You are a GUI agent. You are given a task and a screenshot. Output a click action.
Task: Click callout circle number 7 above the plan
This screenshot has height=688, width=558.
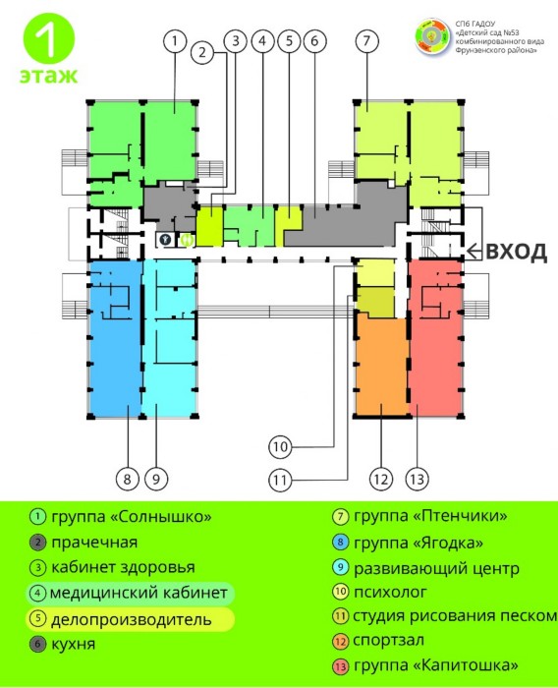(366, 41)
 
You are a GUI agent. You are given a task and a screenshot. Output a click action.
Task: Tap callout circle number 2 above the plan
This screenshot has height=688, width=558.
(202, 52)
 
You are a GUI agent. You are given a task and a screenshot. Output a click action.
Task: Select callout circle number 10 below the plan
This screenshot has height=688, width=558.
(280, 447)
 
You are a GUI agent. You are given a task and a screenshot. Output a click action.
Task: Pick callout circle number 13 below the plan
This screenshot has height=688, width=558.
(417, 479)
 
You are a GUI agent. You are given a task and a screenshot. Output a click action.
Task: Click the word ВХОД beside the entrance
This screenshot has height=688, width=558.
(517, 252)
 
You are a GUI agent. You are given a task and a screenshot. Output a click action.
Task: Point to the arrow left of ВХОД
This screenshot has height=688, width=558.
(474, 252)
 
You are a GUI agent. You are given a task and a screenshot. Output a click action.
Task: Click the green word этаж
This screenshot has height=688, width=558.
(49, 76)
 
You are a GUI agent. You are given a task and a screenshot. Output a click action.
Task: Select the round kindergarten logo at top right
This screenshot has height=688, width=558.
(432, 37)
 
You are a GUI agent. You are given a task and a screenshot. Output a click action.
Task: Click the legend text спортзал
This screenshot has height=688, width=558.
(388, 640)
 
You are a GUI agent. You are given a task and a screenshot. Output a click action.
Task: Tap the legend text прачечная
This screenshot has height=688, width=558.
(94, 543)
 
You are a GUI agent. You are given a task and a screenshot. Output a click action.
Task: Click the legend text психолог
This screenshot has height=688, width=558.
(390, 592)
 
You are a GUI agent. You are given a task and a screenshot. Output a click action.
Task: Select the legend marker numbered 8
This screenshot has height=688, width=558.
(341, 543)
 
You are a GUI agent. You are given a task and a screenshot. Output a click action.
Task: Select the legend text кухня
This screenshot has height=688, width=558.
(74, 644)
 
